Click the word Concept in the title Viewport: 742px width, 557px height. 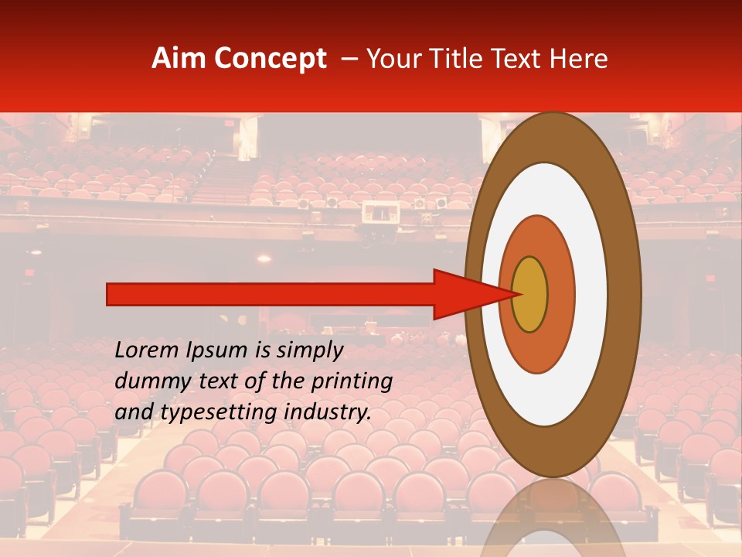[270, 59]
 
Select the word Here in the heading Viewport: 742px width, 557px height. [580, 59]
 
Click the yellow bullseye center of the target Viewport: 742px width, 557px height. [530, 294]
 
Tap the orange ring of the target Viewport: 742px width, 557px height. [560, 294]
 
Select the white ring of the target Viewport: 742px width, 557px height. [591, 294]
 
